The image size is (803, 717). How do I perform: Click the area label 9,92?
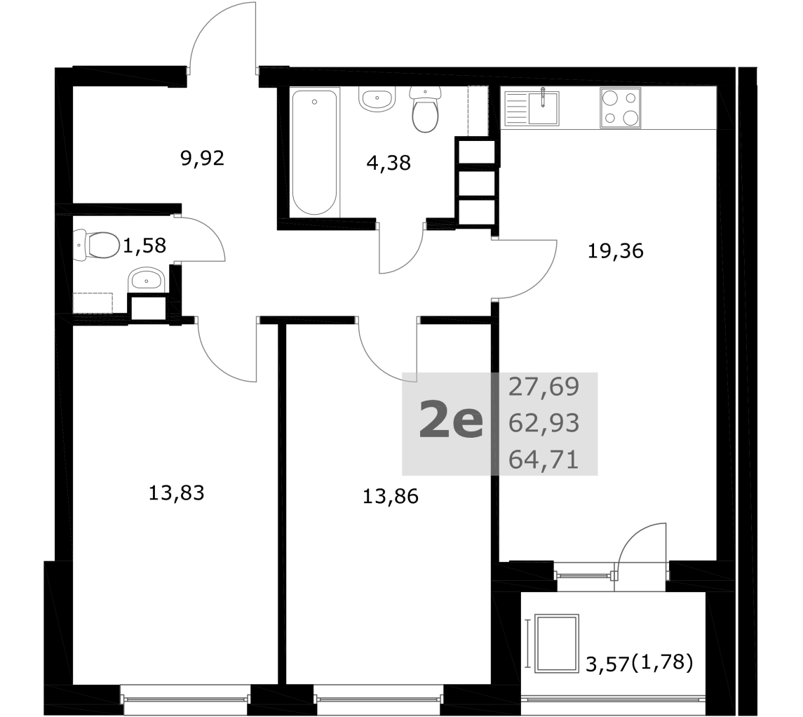point(202,159)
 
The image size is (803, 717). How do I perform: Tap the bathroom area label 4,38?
point(389,163)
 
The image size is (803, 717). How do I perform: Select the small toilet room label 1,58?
point(144,246)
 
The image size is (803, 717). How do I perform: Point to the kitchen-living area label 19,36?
point(615,251)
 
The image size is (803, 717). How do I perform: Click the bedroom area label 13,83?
point(176,492)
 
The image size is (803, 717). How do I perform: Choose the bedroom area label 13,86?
point(390,496)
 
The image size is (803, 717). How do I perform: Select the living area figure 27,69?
point(544,387)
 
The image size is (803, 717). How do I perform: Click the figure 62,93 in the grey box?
point(544,423)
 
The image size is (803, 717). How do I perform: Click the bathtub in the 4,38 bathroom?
point(314,152)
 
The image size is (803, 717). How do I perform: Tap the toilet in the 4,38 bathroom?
point(425,109)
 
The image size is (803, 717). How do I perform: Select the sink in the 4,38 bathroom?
point(377,99)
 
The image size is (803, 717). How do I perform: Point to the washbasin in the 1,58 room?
point(146,280)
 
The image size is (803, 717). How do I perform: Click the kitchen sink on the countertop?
point(532,107)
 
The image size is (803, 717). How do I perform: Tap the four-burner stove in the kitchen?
point(620,107)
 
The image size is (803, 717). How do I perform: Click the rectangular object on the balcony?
point(557,643)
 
